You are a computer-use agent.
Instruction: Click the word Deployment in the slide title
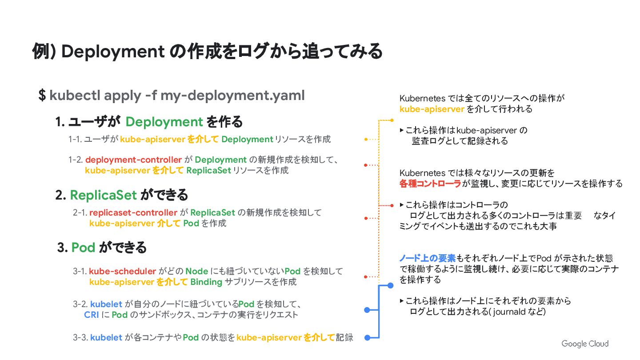pyautogui.click(x=113, y=52)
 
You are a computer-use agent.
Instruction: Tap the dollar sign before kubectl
pyautogui.click(x=42, y=95)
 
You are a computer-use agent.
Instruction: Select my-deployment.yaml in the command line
pyautogui.click(x=232, y=95)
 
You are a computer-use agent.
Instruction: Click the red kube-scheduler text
pyautogui.click(x=123, y=271)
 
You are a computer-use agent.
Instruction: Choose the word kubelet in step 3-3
pyautogui.click(x=106, y=337)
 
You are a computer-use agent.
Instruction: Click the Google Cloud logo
pyautogui.click(x=585, y=344)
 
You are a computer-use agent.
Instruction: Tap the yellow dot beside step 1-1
pyautogui.click(x=365, y=140)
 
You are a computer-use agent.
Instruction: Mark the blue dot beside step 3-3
pyautogui.click(x=367, y=338)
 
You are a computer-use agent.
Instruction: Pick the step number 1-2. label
pyautogui.click(x=76, y=160)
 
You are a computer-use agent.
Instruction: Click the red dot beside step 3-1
pyautogui.click(x=365, y=276)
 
